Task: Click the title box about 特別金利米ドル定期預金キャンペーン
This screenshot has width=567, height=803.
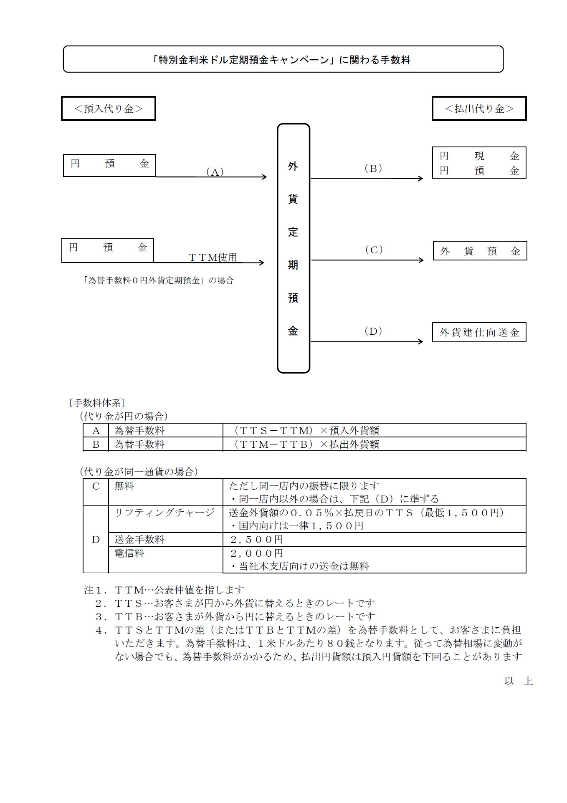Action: [x=283, y=60]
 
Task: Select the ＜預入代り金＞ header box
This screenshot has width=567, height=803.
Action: [x=109, y=109]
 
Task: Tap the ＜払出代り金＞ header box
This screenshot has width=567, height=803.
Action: [x=479, y=109]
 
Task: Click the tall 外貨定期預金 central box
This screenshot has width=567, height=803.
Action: [x=293, y=248]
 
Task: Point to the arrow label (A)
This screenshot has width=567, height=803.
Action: [x=215, y=172]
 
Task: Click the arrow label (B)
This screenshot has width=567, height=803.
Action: [x=373, y=168]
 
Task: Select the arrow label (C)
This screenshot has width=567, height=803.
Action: [x=374, y=250]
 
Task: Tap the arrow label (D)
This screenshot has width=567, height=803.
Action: [x=373, y=331]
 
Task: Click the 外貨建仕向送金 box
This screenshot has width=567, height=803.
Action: [x=479, y=332]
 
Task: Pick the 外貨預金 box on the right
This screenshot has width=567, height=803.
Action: [x=480, y=251]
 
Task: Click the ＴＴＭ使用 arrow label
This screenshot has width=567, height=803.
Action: [x=213, y=257]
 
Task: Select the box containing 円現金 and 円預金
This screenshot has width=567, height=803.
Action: [x=479, y=163]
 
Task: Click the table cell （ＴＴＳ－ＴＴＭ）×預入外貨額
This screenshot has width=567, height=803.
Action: [x=306, y=430]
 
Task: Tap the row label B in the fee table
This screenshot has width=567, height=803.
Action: [x=96, y=444]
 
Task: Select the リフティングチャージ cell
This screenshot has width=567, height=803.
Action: [x=165, y=513]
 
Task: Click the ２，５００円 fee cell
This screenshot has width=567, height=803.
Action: [x=257, y=540]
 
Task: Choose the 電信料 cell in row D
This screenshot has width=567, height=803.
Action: [x=129, y=553]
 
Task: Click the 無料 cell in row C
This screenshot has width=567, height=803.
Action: [x=124, y=486]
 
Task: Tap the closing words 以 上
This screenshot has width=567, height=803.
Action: [x=518, y=681]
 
